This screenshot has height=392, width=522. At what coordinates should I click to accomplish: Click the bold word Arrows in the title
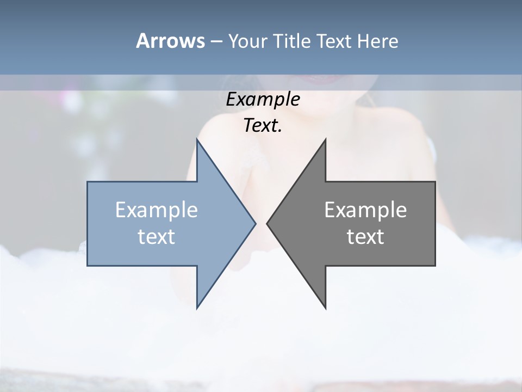170,41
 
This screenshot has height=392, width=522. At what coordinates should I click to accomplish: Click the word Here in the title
377,41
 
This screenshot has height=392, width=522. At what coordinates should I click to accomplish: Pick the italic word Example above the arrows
263,99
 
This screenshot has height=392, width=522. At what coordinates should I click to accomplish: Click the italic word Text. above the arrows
263,125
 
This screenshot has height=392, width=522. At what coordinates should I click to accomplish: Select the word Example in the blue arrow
157,210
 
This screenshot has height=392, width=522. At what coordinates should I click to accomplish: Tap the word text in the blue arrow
157,237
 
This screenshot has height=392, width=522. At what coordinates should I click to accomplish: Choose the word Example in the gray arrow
365,210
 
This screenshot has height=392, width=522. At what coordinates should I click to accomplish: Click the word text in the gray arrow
365,237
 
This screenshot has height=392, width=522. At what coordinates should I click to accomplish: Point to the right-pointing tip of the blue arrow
254,223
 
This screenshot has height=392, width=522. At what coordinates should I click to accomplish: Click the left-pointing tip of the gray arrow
268,223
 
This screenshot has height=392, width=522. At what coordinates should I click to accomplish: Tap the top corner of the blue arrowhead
197,139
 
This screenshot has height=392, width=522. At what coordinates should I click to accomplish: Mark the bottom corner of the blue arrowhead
197,308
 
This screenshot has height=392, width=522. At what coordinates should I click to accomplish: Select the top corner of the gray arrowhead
325,139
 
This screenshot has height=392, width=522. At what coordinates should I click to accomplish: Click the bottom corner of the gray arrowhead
325,308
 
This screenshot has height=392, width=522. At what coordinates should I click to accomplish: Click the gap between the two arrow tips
261,223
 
